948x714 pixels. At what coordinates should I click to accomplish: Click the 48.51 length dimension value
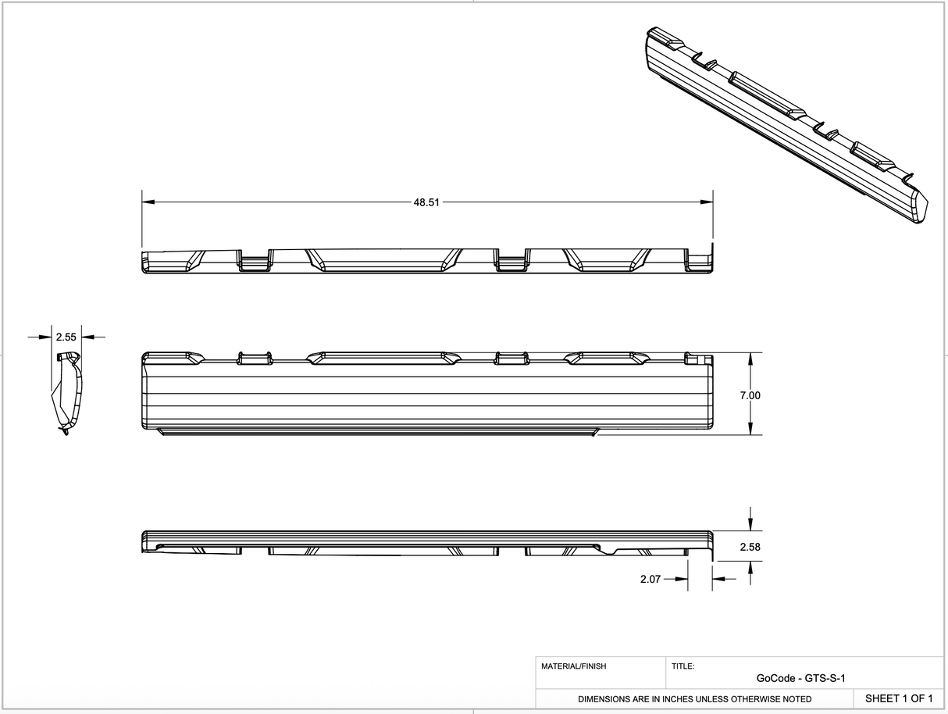point(426,202)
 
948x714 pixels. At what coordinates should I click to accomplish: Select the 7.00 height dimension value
point(750,395)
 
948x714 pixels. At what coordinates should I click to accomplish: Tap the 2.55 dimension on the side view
point(66,337)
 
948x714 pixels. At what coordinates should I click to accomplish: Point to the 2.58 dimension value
point(750,547)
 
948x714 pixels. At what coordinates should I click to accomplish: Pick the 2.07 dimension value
point(650,579)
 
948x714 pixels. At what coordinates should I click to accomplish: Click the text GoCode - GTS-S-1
point(800,678)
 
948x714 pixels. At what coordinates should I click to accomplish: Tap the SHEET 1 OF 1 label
point(899,698)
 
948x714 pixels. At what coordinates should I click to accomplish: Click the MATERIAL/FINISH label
point(573,666)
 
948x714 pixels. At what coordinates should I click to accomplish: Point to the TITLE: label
point(682,666)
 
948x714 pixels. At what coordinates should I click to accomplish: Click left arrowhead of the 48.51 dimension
point(148,202)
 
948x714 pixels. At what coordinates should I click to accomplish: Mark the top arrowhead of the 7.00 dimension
point(750,359)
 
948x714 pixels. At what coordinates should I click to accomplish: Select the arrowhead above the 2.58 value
point(750,524)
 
